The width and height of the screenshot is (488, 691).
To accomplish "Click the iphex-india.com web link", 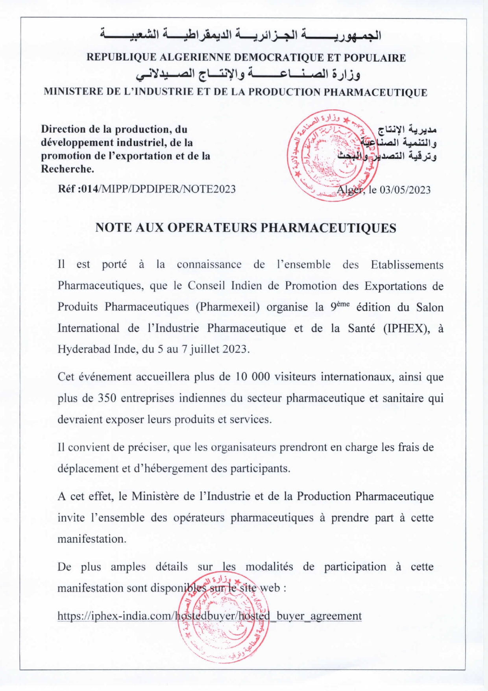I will pyautogui.click(x=209, y=615).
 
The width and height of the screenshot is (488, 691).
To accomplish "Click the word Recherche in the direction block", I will pyautogui.click(x=67, y=169).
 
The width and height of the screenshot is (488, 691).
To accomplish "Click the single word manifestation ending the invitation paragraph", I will pyautogui.click(x=91, y=539).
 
